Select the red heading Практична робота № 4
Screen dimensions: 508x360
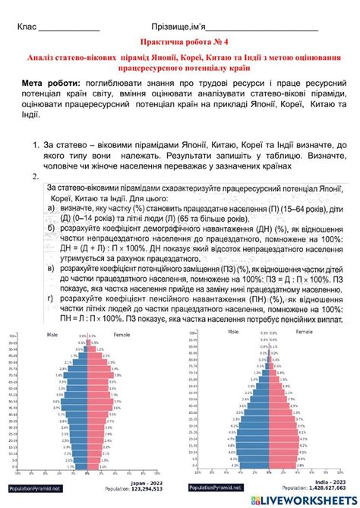pos(179,44)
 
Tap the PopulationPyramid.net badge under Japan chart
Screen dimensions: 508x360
pos(35,487)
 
